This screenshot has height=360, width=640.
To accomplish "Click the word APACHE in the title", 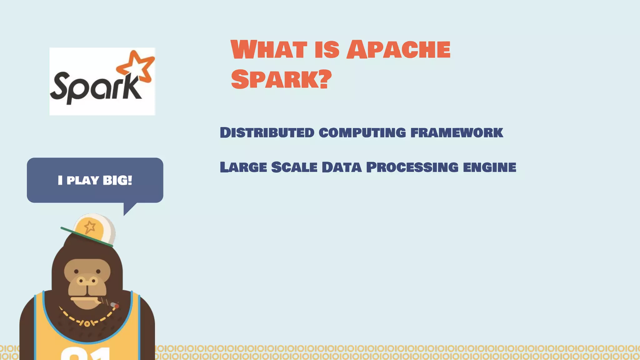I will click(398, 50).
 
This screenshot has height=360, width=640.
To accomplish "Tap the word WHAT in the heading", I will click(269, 50).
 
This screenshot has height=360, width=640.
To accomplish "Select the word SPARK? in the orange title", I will click(281, 79).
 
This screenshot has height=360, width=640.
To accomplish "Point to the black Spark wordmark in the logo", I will click(94, 87).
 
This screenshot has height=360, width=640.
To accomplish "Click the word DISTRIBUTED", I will click(267, 132).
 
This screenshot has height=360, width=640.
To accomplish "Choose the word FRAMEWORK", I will click(457, 132).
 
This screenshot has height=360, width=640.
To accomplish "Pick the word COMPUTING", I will click(362, 133).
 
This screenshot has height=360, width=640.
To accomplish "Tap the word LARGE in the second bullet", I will click(243, 167).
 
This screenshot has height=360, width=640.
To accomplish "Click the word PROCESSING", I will click(412, 167).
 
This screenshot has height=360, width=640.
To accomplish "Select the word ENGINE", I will click(489, 167).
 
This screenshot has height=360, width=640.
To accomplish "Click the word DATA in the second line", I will click(342, 167).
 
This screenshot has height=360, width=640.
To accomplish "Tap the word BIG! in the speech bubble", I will click(117, 180).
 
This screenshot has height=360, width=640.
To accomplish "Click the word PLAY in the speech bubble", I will click(83, 180).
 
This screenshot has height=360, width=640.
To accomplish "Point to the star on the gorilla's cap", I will click(90, 227).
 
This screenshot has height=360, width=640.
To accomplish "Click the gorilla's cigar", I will click(111, 304).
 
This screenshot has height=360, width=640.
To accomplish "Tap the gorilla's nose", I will click(87, 281).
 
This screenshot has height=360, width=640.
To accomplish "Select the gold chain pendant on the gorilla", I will click(87, 324).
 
